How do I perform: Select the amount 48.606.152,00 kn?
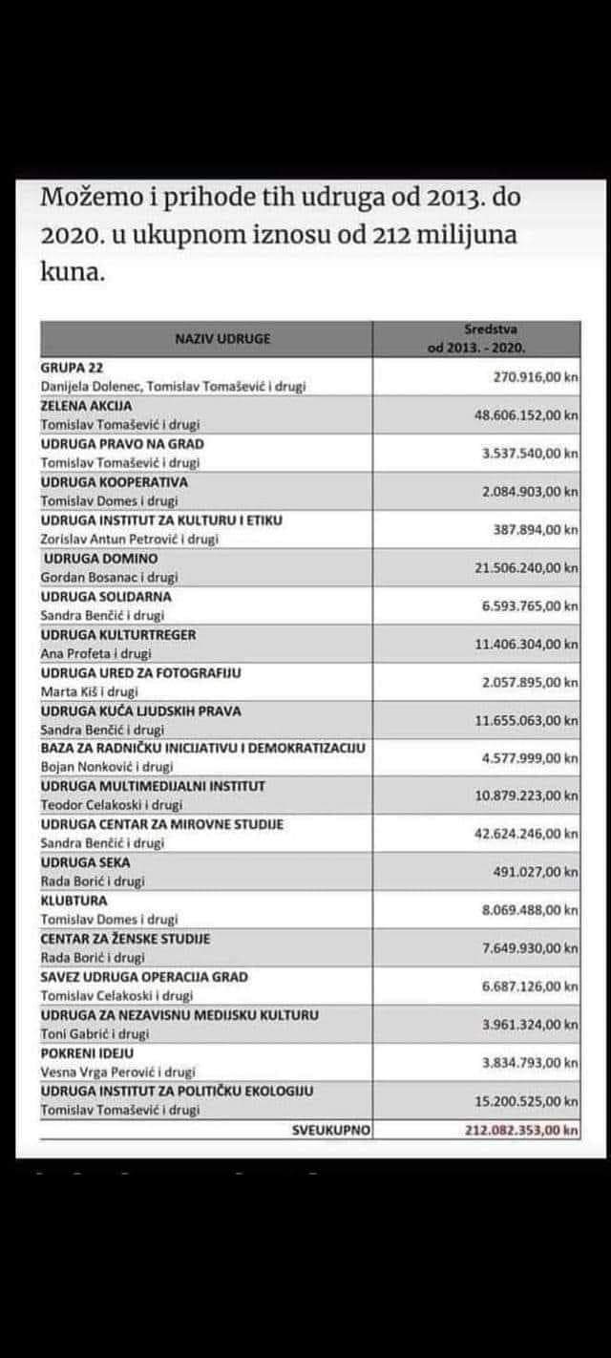pyautogui.click(x=526, y=415)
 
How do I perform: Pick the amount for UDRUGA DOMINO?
pyautogui.click(x=526, y=567)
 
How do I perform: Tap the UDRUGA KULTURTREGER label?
pyautogui.click(x=105, y=634)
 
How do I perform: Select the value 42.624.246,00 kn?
pyautogui.click(x=526, y=834)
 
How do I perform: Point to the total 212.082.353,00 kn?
pyautogui.click(x=515, y=1129)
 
